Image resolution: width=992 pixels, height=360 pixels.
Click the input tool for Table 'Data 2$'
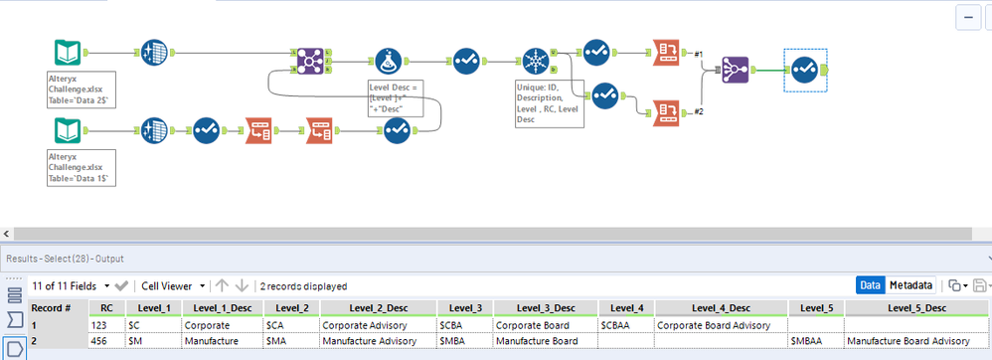[x=69, y=53]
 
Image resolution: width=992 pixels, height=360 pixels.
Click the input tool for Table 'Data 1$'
[x=69, y=130]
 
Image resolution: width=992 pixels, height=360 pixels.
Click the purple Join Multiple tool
[x=736, y=69]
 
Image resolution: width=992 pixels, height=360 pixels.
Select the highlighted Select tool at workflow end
[x=804, y=69]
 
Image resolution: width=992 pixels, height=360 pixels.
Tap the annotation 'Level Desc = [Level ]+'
[x=395, y=99]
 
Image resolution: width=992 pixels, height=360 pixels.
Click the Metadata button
[x=909, y=284]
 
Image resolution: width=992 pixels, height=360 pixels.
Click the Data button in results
[x=870, y=284]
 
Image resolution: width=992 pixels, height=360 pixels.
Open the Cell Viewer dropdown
[x=173, y=285]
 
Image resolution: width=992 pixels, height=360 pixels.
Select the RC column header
[x=106, y=307]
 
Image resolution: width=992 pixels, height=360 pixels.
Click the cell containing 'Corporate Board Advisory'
[x=712, y=324]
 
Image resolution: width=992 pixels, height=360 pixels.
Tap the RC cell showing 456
[x=106, y=341]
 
